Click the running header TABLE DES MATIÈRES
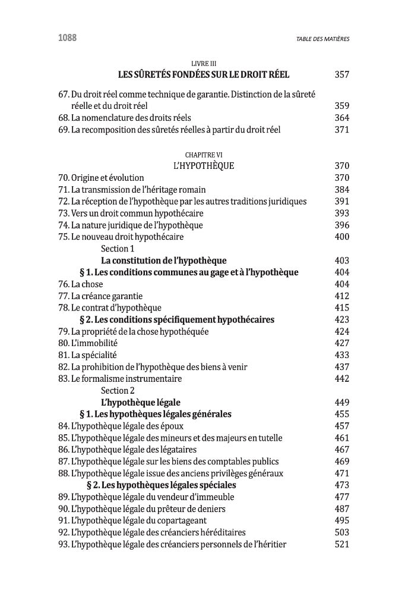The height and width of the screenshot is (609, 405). coord(322,39)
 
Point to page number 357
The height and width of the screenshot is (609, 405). coord(341,75)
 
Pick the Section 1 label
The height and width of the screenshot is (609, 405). coord(118,249)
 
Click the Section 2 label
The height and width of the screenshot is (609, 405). coord(118,391)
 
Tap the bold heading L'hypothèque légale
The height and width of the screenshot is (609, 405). coord(141,403)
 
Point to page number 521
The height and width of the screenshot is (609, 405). coord(341,544)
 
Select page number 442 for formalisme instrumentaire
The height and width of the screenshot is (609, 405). coord(341,379)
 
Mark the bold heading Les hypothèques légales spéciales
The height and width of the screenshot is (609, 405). coord(161,485)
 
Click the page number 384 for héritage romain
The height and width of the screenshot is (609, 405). coord(341,190)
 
